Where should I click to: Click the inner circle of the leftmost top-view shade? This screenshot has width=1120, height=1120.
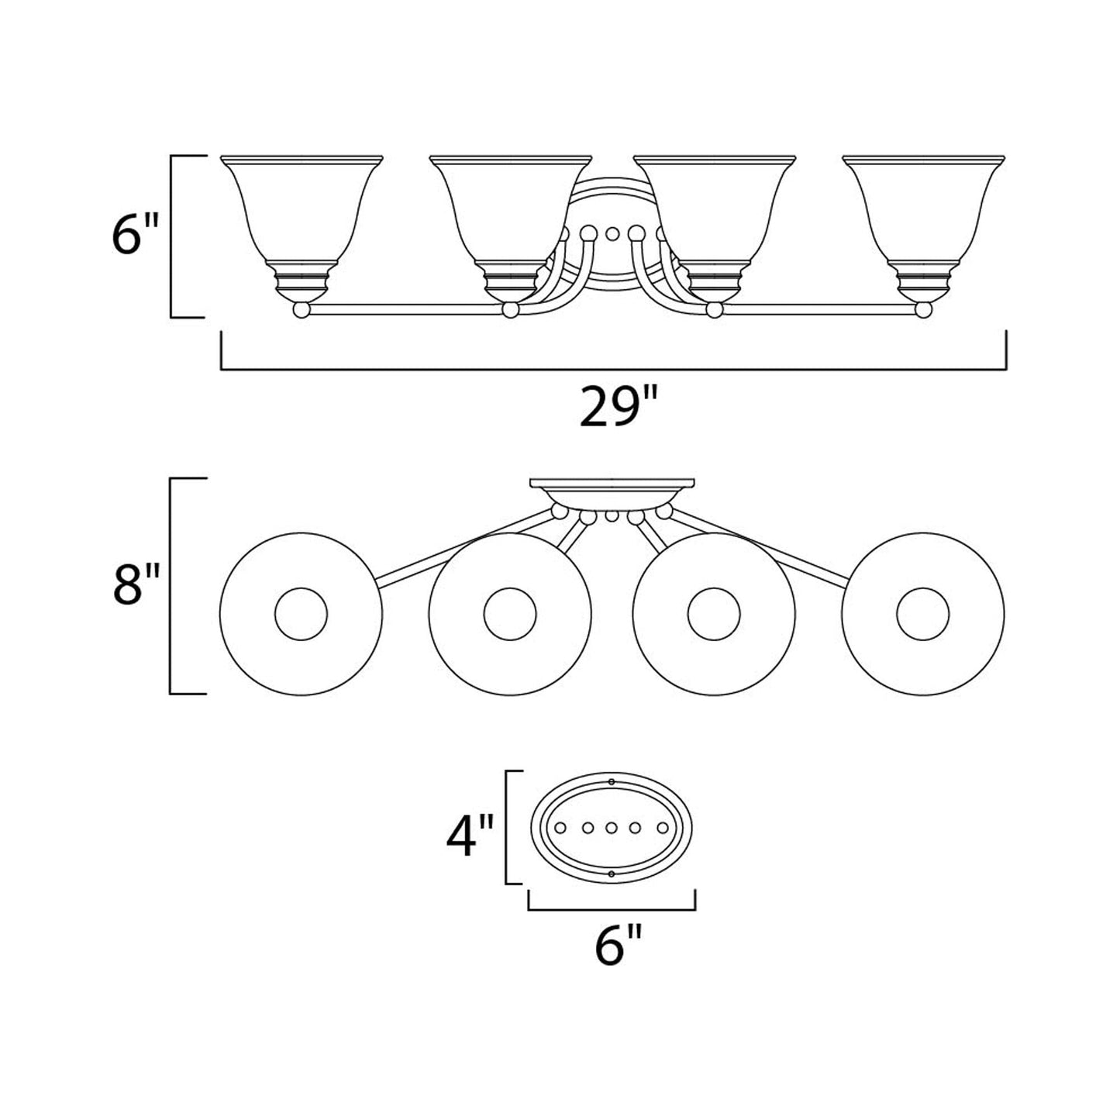pyautogui.click(x=302, y=615)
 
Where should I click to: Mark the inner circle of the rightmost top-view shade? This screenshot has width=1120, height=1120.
pyautogui.click(x=922, y=615)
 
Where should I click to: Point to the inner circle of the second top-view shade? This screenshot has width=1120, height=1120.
pyautogui.click(x=509, y=615)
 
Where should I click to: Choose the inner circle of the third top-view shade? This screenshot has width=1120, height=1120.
pyautogui.click(x=714, y=615)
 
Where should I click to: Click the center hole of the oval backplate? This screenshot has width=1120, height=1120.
pyautogui.click(x=612, y=828)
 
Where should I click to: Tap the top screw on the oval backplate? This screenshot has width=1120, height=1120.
pyautogui.click(x=612, y=781)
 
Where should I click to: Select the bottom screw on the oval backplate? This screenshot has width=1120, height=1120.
pyautogui.click(x=612, y=874)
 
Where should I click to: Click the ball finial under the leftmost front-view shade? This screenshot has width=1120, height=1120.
pyautogui.click(x=302, y=310)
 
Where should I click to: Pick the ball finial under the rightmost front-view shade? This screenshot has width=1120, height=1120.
pyautogui.click(x=922, y=310)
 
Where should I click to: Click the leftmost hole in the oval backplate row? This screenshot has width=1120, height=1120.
pyautogui.click(x=560, y=828)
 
